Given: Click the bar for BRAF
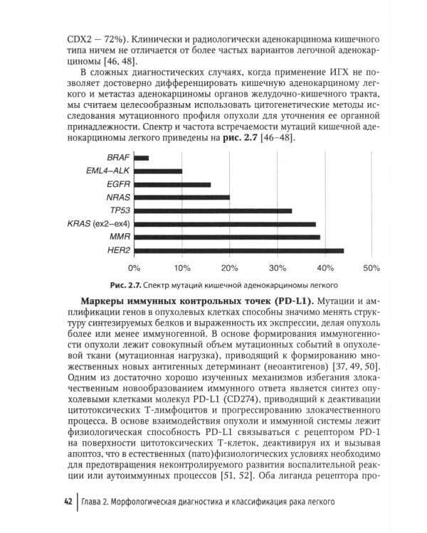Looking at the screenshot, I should [141, 158].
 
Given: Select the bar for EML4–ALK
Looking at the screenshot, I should [157, 171].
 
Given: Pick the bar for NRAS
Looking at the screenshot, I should [181, 198].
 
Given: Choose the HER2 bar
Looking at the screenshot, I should [238, 250].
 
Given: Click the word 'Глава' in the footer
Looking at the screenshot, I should [95, 502].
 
